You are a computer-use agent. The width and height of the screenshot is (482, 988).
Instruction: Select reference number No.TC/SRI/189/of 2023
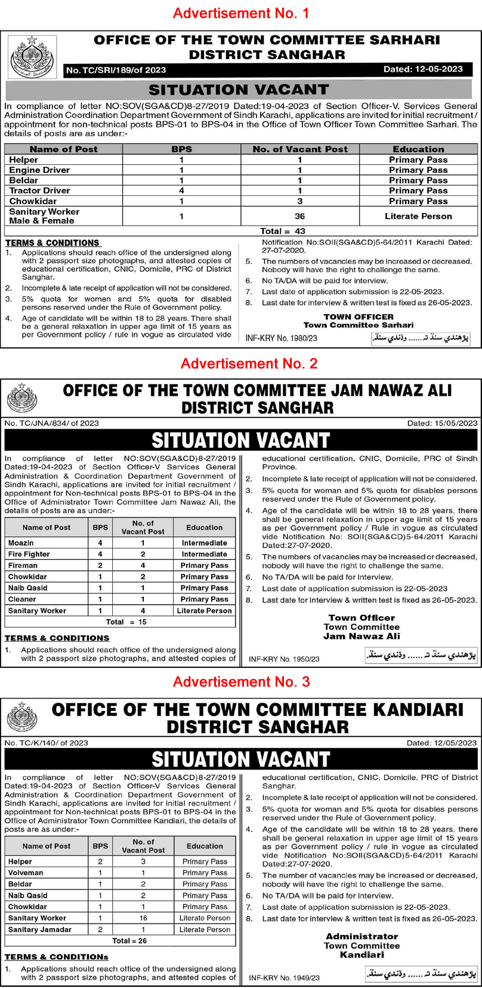tap(116, 70)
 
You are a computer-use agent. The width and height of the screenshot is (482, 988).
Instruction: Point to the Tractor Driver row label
tap(39, 190)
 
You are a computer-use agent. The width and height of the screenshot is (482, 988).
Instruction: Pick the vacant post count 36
tap(299, 216)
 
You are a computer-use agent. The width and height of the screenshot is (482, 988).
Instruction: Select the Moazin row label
tap(21, 543)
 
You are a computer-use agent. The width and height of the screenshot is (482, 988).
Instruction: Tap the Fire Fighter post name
tap(29, 554)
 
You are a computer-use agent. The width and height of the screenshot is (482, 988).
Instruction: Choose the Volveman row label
tap(26, 873)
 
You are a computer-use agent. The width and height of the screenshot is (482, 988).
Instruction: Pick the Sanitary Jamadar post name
tap(39, 929)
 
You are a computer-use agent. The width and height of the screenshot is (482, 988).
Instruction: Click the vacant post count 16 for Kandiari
tap(143, 918)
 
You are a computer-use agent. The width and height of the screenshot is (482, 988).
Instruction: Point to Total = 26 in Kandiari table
tap(129, 941)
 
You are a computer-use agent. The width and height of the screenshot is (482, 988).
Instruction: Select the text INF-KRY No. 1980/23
tap(281, 338)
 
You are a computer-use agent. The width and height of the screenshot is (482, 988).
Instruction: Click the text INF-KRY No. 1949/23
tap(284, 978)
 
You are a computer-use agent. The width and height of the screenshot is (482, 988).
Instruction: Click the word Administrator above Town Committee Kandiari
tap(361, 936)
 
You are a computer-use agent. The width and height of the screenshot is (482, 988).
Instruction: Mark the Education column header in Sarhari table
tap(418, 149)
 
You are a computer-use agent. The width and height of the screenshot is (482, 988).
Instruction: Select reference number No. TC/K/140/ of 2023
tap(47, 743)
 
